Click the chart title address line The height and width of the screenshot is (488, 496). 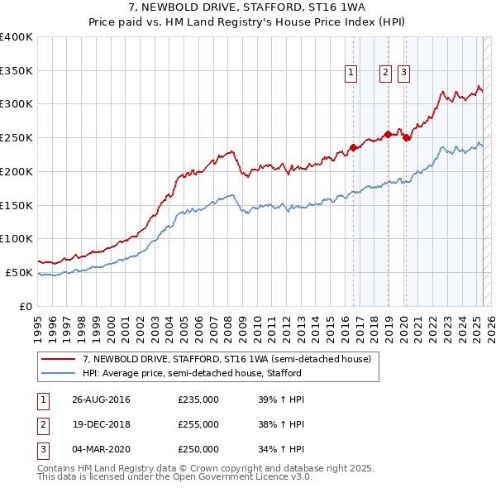[248, 7]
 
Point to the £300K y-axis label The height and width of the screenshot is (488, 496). [17, 104]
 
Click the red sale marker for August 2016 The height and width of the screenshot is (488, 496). [353, 148]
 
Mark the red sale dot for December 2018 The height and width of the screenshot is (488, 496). [388, 134]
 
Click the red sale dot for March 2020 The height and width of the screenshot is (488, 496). [406, 138]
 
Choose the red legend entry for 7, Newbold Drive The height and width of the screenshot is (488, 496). [231, 359]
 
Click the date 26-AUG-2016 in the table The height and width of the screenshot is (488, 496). [101, 400]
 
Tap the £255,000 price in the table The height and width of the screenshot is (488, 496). [198, 424]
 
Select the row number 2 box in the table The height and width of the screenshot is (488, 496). [42, 424]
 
